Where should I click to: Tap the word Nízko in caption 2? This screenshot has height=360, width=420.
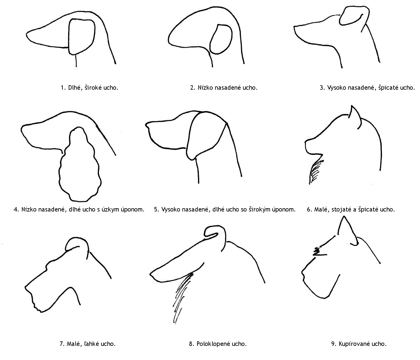(205, 88)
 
